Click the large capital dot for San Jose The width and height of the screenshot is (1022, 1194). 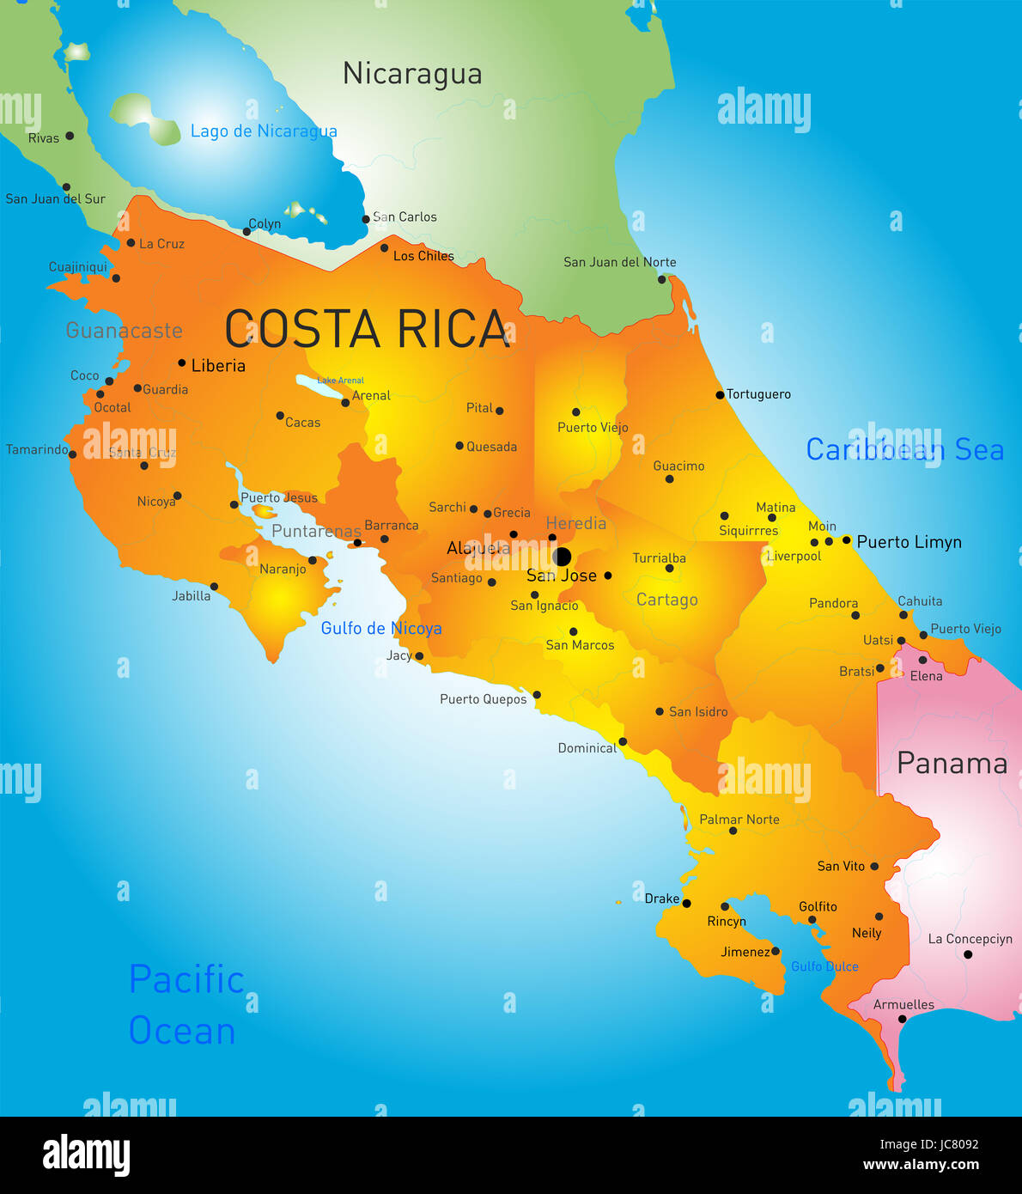pyautogui.click(x=562, y=556)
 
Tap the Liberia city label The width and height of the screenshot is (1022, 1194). pyautogui.click(x=218, y=366)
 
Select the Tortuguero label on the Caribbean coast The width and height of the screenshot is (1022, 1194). pyautogui.click(x=758, y=394)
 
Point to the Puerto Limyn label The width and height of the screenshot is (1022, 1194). pyautogui.click(x=909, y=542)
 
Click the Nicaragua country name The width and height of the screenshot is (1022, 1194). pyautogui.click(x=412, y=74)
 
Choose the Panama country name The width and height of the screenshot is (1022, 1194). pyautogui.click(x=952, y=763)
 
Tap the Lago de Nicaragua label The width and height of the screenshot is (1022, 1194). pyautogui.click(x=264, y=131)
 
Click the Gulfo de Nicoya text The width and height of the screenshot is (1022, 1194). pyautogui.click(x=381, y=628)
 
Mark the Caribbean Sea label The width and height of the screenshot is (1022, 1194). pyautogui.click(x=904, y=449)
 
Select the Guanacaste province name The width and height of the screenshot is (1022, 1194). pyautogui.click(x=125, y=331)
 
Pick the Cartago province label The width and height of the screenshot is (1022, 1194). pyautogui.click(x=667, y=600)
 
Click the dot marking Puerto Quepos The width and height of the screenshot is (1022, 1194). pyautogui.click(x=537, y=695)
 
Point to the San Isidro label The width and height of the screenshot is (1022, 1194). pyautogui.click(x=698, y=712)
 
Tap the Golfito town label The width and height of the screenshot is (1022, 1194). pyautogui.click(x=818, y=906)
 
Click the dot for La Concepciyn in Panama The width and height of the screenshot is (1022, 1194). pyautogui.click(x=968, y=954)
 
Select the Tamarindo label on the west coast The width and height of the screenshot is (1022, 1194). pyautogui.click(x=37, y=450)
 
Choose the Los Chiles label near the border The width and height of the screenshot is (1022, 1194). pyautogui.click(x=423, y=256)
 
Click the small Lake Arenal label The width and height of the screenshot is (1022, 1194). pyautogui.click(x=341, y=381)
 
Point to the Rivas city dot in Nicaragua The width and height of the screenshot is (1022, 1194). pyautogui.click(x=70, y=136)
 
